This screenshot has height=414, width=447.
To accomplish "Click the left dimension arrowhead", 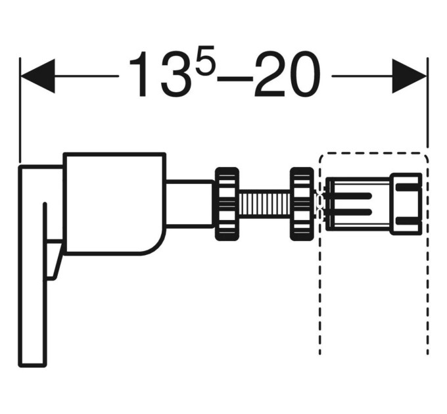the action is click(37, 76).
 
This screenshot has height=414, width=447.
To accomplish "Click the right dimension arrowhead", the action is click(410, 76).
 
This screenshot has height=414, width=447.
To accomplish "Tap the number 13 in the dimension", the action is click(160, 74).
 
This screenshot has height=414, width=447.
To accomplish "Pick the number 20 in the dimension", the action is click(287, 74).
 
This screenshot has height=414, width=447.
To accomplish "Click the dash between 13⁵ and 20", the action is click(235, 76).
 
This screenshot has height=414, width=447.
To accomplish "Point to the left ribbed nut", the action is click(227, 204).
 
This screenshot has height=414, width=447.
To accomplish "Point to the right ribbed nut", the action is click(302, 204).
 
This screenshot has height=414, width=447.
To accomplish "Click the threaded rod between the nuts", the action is click(264, 204).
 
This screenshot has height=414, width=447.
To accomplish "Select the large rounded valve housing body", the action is click(114, 204).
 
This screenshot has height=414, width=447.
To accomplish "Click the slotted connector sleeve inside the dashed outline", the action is click(358, 204).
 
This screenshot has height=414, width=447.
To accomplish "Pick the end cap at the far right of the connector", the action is click(406, 204).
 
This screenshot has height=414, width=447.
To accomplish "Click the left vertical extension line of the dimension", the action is click(20, 110).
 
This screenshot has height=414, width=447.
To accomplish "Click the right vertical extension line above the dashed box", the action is click(427, 103).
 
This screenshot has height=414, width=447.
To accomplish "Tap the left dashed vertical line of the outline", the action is click(320, 256).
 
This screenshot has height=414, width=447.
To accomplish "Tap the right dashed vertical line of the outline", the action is click(428, 256).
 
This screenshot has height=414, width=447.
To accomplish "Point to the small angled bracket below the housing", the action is click(53, 260).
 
